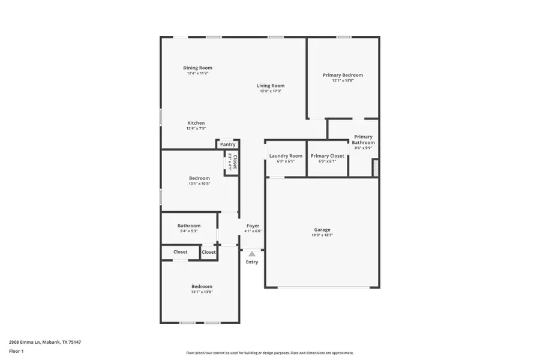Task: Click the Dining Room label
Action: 197,68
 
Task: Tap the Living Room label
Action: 271,86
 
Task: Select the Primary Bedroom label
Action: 343,75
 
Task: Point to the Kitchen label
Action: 196,123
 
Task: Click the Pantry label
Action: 227,145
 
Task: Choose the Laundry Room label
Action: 286,156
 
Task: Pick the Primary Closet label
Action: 328,156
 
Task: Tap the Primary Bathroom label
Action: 363,140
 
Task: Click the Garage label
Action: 322,230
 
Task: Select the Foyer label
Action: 253,226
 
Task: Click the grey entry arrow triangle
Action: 252,254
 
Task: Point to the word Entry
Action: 252,262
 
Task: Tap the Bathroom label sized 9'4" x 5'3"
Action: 189,226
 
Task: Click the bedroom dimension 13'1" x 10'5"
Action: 199,184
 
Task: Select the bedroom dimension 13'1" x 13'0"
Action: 202,292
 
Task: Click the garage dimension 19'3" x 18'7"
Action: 322,235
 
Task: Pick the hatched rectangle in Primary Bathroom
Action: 376,168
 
